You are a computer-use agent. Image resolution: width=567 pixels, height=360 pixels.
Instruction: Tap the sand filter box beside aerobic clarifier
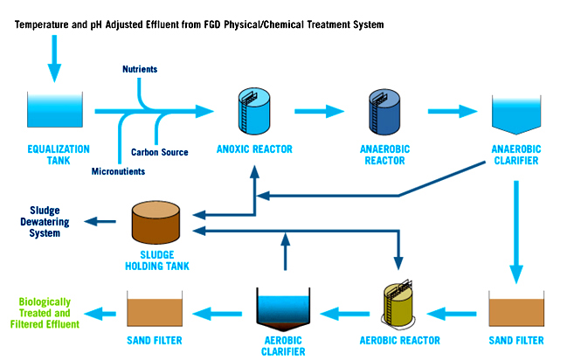click(x=154, y=309)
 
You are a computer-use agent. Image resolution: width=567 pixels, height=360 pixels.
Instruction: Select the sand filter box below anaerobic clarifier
click(x=515, y=309)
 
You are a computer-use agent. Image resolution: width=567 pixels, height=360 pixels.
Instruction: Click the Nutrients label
click(x=140, y=69)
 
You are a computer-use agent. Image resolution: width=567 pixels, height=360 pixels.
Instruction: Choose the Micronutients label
click(x=118, y=171)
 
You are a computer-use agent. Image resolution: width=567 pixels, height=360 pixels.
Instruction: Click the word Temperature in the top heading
click(x=43, y=24)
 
